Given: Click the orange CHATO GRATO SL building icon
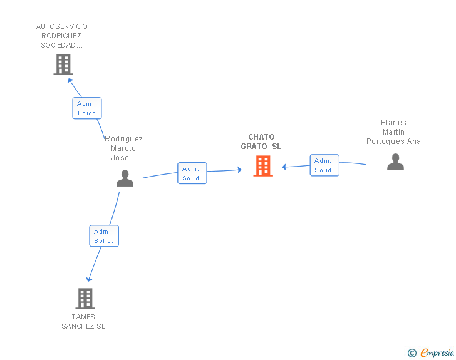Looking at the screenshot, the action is (263, 166).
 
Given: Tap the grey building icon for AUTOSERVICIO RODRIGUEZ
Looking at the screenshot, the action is (63, 64).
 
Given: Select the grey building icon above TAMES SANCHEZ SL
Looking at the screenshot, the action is (85, 299).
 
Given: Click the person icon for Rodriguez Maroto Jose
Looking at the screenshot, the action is (125, 178).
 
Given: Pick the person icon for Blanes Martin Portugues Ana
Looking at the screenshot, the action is (395, 162).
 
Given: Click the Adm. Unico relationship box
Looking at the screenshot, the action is (87, 108).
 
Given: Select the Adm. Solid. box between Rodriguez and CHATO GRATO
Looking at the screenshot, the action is (192, 173).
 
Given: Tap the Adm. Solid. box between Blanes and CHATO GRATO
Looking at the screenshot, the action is (324, 165).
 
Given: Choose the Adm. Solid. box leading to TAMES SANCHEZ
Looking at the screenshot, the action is (104, 236).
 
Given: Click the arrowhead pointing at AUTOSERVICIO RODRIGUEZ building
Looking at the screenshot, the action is (70, 81).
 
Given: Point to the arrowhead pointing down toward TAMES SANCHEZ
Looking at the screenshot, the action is (89, 279).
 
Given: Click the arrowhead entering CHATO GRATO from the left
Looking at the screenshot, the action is (239, 170).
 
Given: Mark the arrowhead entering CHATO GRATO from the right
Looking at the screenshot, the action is (284, 167).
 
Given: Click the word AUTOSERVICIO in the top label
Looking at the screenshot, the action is (61, 26).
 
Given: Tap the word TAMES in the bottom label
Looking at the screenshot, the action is (83, 317).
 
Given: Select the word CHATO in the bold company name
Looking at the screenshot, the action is (261, 137).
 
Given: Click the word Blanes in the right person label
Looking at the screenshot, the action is (393, 123).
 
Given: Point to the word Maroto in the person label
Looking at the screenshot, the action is (123, 148).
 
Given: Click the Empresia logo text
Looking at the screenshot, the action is (437, 352).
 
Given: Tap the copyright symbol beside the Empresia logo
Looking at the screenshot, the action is (412, 353).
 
